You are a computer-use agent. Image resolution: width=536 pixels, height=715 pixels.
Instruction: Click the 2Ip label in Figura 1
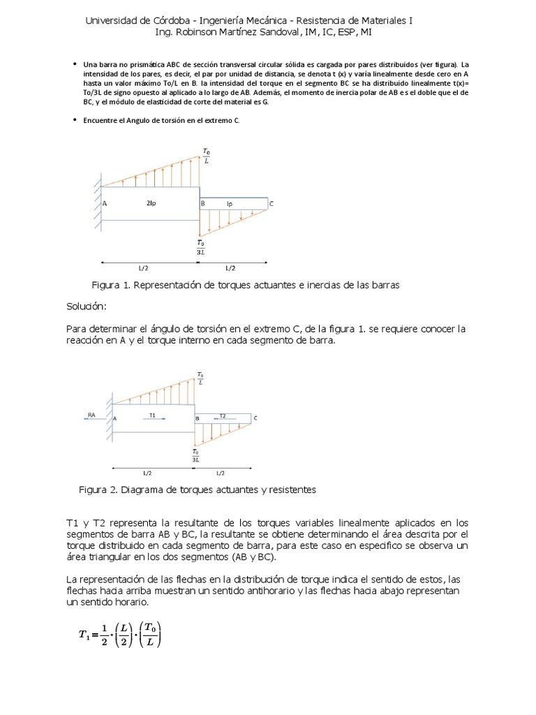pyautogui.click(x=151, y=203)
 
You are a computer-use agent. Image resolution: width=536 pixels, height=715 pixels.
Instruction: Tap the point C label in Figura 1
pyautogui.click(x=271, y=204)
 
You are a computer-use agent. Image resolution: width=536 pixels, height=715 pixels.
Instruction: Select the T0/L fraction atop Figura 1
pyautogui.click(x=205, y=155)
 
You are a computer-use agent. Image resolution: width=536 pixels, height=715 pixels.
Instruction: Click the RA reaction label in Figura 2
pyautogui.click(x=91, y=415)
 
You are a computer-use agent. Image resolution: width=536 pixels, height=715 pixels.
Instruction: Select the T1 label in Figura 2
pyautogui.click(x=153, y=415)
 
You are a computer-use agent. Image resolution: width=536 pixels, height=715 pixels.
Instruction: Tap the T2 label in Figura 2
pyautogui.click(x=223, y=415)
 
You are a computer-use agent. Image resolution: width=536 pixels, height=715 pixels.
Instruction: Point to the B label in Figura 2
pyautogui.click(x=197, y=418)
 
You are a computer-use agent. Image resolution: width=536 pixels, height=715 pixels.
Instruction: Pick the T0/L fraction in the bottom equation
pyautogui.click(x=149, y=635)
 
